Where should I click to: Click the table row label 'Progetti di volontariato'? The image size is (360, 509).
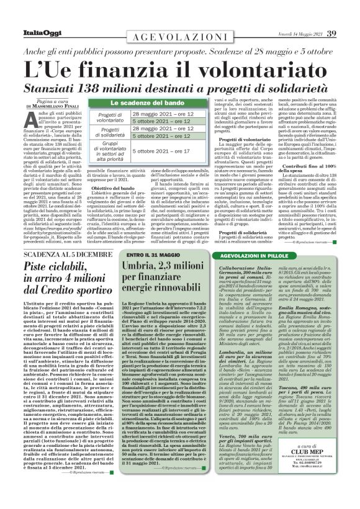(110, 118)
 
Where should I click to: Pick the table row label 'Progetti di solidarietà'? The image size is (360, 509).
(110, 133)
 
